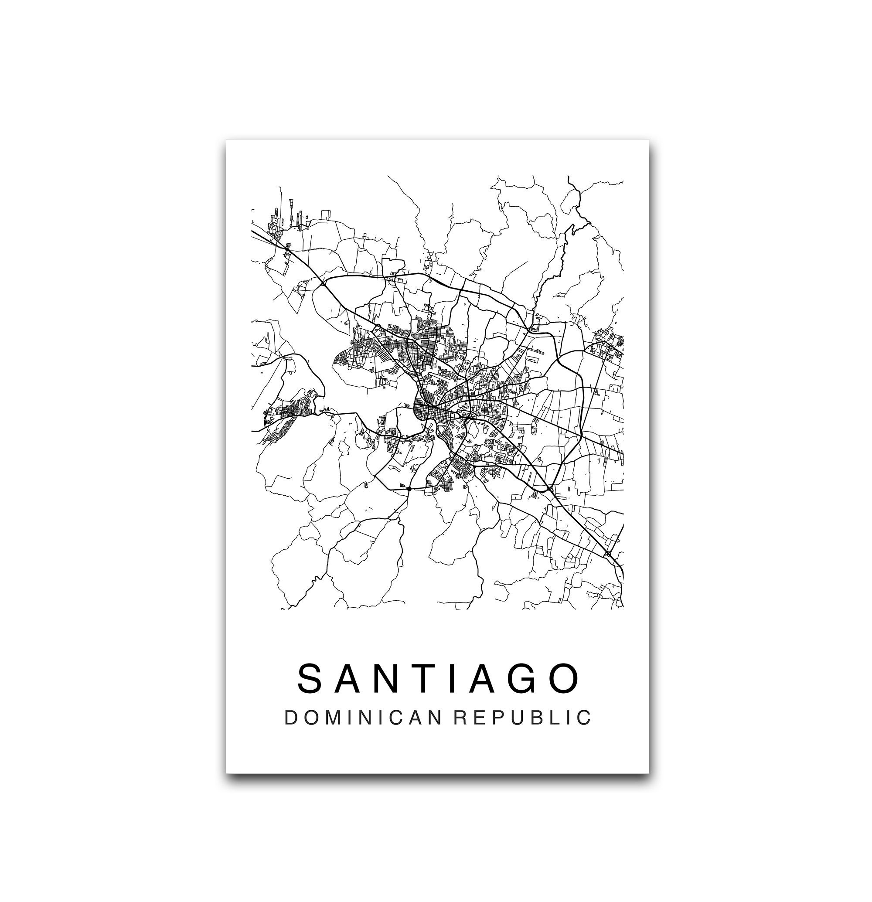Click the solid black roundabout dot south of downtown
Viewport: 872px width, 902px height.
(x=409, y=488)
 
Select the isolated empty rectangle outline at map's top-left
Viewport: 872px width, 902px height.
(x=326, y=215)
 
